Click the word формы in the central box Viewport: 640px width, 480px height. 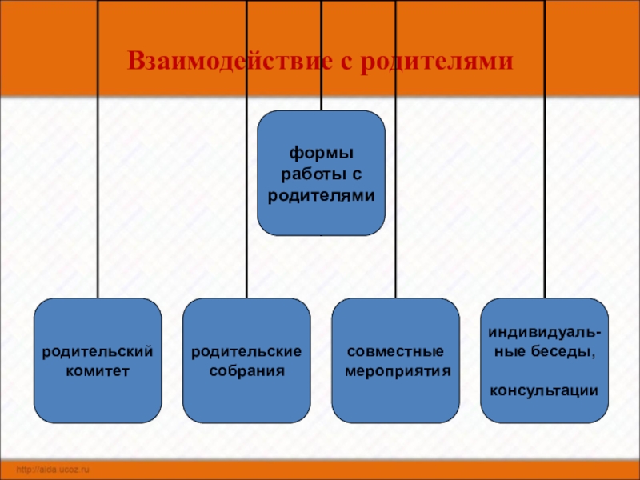[321, 152]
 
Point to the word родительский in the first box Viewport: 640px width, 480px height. [98, 351]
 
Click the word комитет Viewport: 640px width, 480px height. [98, 371]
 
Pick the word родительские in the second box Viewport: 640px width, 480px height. [246, 351]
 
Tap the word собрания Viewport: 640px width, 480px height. [246, 371]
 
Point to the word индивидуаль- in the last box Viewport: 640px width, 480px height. [545, 330]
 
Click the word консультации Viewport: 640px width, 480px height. [545, 390]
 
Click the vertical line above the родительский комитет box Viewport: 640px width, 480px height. [98, 200]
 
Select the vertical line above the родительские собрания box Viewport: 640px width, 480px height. [246, 200]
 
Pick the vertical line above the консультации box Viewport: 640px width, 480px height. [545, 200]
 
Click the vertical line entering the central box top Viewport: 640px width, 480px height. [322, 96]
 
